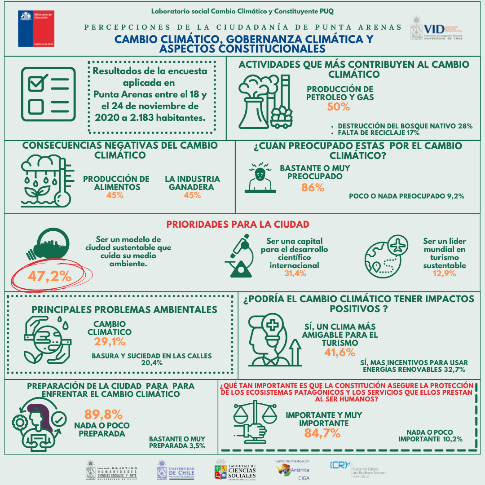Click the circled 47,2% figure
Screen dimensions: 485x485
pos(49,276)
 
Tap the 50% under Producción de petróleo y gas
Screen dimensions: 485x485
pos(339,107)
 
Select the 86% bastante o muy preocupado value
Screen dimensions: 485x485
pos(313,188)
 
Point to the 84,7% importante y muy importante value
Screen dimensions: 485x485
pos(322,433)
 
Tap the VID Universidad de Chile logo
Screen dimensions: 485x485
pos(436,30)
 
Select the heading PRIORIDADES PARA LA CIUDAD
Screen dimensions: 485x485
pos(238,224)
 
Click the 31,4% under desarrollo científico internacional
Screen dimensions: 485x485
pos(295,273)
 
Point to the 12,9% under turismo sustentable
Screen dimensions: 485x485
pos(444,273)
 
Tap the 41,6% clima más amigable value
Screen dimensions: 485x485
pos(339,352)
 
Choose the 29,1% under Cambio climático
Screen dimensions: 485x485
pos(110,342)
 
